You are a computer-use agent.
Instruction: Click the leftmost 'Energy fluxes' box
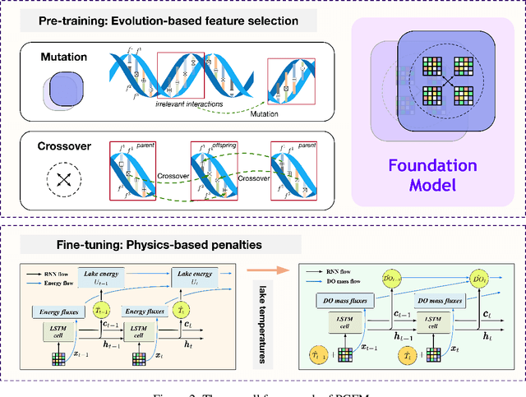[x=55, y=312]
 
